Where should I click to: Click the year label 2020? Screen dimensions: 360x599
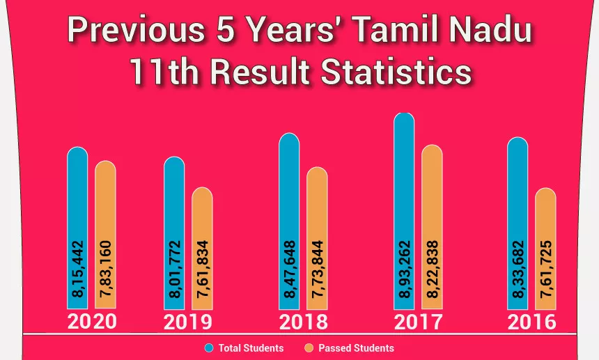click(x=92, y=322)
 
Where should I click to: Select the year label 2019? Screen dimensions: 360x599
click(x=188, y=322)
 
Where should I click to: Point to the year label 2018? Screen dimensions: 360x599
click(x=303, y=322)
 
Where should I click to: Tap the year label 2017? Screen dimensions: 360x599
click(x=418, y=322)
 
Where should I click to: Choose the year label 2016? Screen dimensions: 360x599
click(x=532, y=322)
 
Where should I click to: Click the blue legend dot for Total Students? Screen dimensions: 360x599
click(x=209, y=347)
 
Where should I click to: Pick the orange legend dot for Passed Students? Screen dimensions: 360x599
click(x=309, y=347)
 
